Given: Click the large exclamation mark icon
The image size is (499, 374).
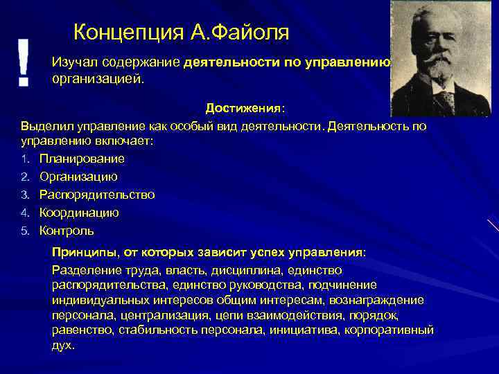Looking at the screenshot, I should tap(24, 62).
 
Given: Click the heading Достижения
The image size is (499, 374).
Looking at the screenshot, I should tap(243, 109).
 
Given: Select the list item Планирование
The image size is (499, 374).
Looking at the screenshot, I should tap(82, 159).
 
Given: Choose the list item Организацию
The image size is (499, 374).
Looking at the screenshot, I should tap(78, 177).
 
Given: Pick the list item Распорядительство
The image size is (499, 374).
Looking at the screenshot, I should tap(97, 195).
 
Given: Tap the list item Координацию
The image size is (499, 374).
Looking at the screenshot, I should tap(79, 213).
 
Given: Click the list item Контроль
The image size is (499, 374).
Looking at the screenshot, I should tap(67, 231).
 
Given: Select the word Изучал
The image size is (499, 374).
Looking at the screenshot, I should tap(73, 62).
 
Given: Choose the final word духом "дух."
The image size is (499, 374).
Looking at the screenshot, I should tap(63, 345).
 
